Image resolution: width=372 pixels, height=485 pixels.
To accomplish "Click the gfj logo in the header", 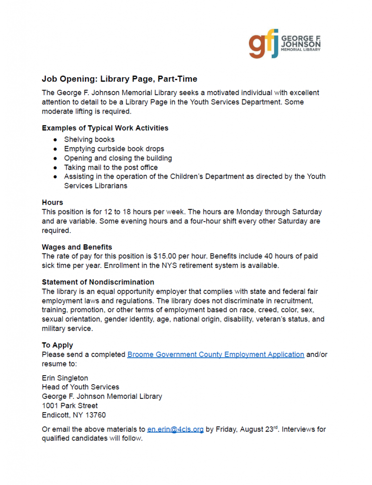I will click(x=264, y=45).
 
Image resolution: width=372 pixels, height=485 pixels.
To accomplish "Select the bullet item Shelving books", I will click(x=89, y=139).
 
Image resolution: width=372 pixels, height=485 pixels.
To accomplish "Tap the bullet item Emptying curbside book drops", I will click(x=114, y=149).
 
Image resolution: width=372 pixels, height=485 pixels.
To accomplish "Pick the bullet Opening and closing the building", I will click(x=118, y=158).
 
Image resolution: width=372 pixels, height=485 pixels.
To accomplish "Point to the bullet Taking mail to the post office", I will click(x=111, y=167).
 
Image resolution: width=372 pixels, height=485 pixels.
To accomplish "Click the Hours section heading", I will click(x=52, y=202).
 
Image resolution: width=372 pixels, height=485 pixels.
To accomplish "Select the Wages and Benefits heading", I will click(x=77, y=247).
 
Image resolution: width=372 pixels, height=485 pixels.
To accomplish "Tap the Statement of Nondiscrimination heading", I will click(x=98, y=282).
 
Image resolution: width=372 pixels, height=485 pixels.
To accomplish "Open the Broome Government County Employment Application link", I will click(x=215, y=354).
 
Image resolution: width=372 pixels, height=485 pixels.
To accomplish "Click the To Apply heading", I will click(x=57, y=345).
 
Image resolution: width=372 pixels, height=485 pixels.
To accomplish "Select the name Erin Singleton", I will click(x=65, y=378).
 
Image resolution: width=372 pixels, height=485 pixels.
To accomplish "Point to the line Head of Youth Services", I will click(x=80, y=387).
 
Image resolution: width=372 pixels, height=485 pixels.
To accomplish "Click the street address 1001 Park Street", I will click(x=70, y=405).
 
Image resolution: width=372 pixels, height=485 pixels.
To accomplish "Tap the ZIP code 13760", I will click(x=95, y=415).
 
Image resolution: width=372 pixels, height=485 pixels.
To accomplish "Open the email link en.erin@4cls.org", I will click(x=175, y=430).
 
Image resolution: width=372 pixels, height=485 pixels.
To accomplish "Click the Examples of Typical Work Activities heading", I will click(x=105, y=128).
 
